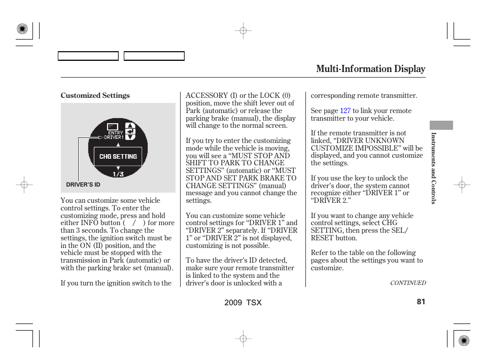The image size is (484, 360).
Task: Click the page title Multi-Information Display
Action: pos(370,69)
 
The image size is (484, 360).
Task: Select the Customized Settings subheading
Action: pos(95,96)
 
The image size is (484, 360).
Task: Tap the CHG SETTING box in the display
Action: pos(118,157)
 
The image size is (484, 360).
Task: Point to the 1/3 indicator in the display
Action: pos(118,174)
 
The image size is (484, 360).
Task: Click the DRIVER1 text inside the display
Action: pos(114,137)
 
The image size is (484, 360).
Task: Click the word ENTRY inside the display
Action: pos(116,133)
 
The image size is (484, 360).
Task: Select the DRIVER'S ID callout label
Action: pos(83,185)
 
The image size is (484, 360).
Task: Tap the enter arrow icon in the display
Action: pos(130,131)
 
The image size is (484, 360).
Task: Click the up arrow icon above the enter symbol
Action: pos(130,125)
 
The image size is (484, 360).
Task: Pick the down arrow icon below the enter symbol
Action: pos(130,136)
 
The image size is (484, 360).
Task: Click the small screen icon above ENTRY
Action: pos(114,126)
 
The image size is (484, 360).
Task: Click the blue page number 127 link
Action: pos(345,111)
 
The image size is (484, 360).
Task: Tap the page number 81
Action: pos(421,302)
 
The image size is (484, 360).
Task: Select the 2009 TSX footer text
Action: pos(243,303)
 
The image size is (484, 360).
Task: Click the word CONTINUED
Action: pos(407,283)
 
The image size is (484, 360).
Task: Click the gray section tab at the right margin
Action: pos(441,125)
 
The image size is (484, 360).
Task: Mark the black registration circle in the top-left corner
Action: pos(22,29)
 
